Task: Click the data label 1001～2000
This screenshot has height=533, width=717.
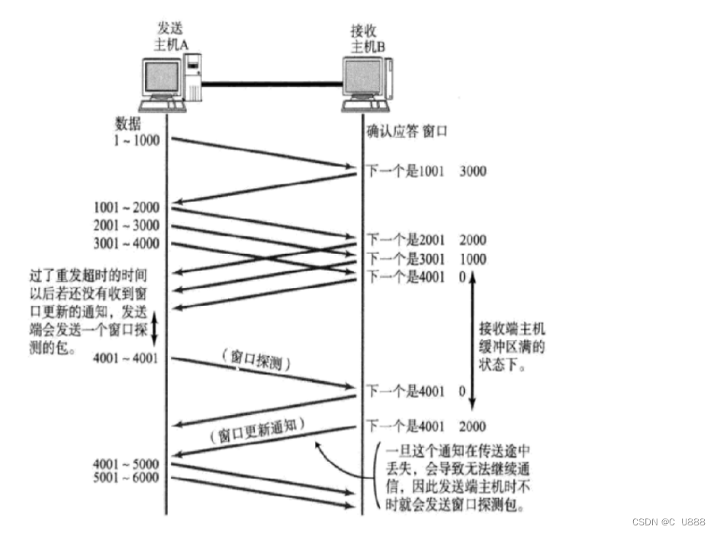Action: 127,208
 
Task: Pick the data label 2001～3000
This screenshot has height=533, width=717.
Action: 127,226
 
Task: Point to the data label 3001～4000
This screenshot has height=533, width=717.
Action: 127,243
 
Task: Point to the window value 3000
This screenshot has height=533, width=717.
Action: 473,172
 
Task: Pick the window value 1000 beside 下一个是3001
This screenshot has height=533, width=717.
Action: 473,258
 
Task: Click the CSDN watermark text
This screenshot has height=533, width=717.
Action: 670,520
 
